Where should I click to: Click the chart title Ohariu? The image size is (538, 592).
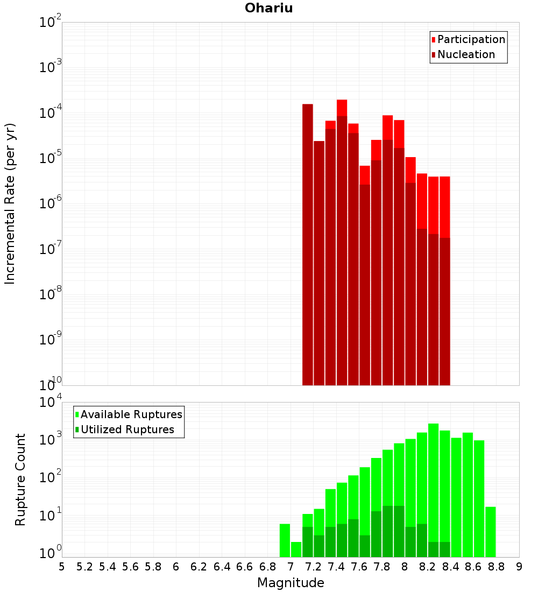click(268, 8)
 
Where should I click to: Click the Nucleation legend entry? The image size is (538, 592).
click(466, 54)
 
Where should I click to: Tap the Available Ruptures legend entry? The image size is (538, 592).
click(131, 414)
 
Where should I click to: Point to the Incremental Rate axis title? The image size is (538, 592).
click(10, 203)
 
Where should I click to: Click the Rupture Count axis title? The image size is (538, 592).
click(20, 479)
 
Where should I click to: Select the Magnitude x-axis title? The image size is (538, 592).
click(291, 583)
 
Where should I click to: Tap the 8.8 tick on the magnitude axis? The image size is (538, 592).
click(497, 567)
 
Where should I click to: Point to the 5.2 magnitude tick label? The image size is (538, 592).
click(84, 567)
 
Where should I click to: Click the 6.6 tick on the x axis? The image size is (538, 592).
click(245, 567)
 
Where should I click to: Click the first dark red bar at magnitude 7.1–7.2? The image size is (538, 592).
click(308, 242)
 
